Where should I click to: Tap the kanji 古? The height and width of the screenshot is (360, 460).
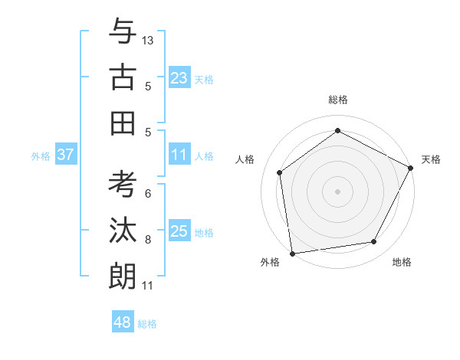click(123, 78)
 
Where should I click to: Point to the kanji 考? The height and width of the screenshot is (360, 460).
click(123, 185)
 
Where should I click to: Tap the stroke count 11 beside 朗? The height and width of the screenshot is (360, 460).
click(148, 286)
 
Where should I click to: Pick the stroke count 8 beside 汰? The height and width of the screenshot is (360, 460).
click(148, 240)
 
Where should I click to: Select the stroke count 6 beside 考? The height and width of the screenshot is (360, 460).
click(148, 193)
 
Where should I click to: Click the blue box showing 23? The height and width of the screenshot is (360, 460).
click(179, 78)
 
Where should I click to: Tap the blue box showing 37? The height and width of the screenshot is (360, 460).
click(65, 155)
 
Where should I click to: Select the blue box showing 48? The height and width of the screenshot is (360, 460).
click(122, 322)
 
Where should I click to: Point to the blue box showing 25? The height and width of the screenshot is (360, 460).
click(179, 231)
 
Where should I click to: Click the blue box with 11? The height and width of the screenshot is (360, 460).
click(179, 155)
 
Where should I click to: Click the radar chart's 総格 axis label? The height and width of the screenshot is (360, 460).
click(337, 100)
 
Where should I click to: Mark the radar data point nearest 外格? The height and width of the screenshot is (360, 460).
click(292, 253)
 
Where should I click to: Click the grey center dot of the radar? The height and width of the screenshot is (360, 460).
click(337, 191)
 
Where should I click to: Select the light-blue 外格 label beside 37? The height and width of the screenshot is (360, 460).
click(41, 156)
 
